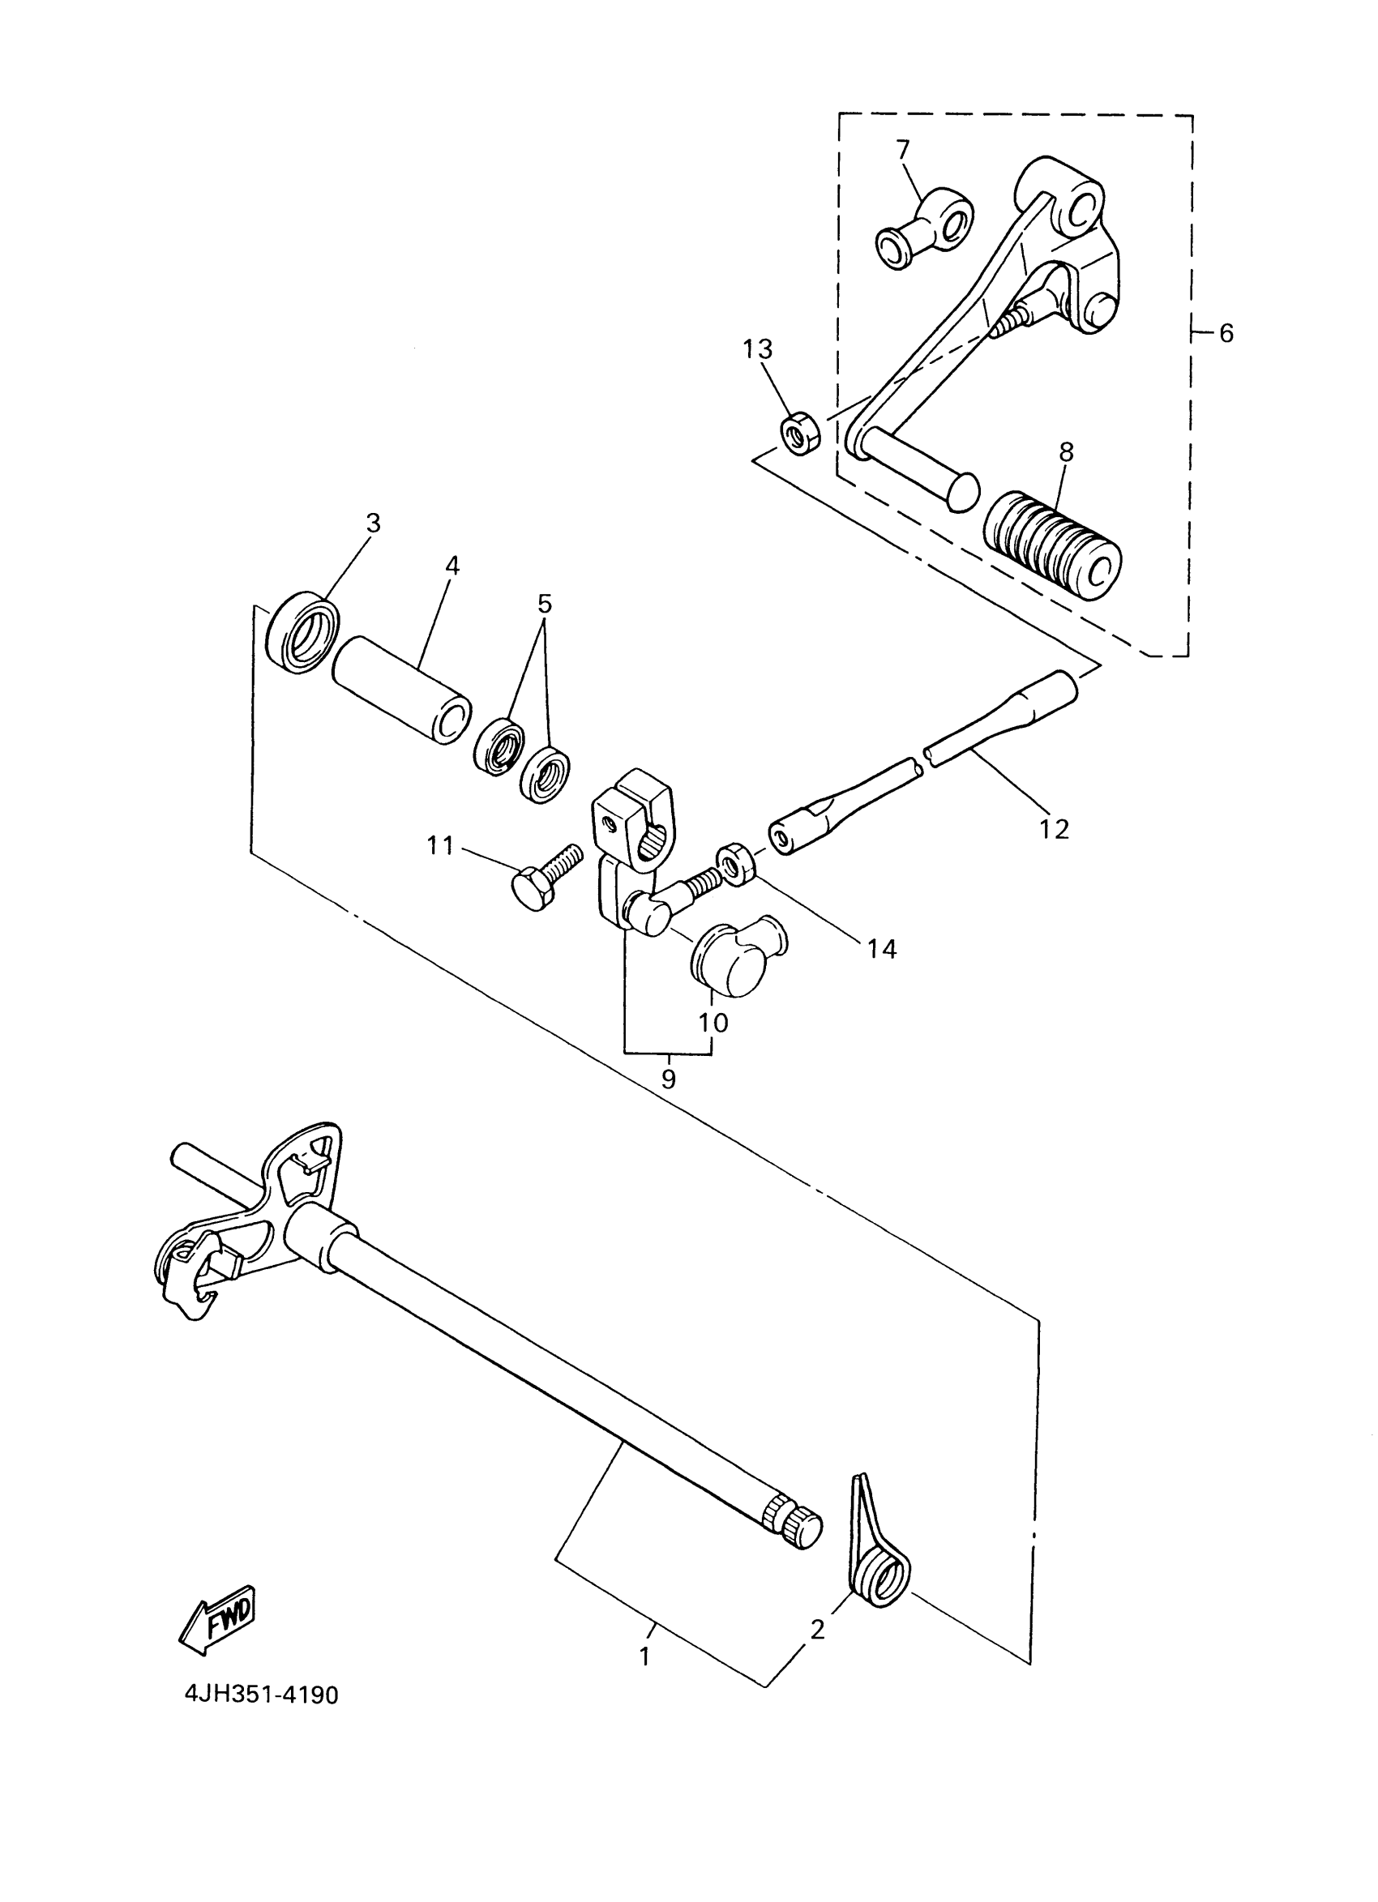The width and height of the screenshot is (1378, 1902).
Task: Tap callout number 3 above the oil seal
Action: (x=373, y=524)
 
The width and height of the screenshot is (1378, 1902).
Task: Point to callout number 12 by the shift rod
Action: (x=1054, y=828)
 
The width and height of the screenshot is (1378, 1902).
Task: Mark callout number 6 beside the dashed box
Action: (x=1226, y=334)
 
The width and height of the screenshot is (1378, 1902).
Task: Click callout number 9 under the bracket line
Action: (x=668, y=1079)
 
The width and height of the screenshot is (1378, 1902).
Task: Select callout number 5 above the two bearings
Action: (x=545, y=604)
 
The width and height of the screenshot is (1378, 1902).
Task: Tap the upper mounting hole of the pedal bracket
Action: (x=1085, y=206)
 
